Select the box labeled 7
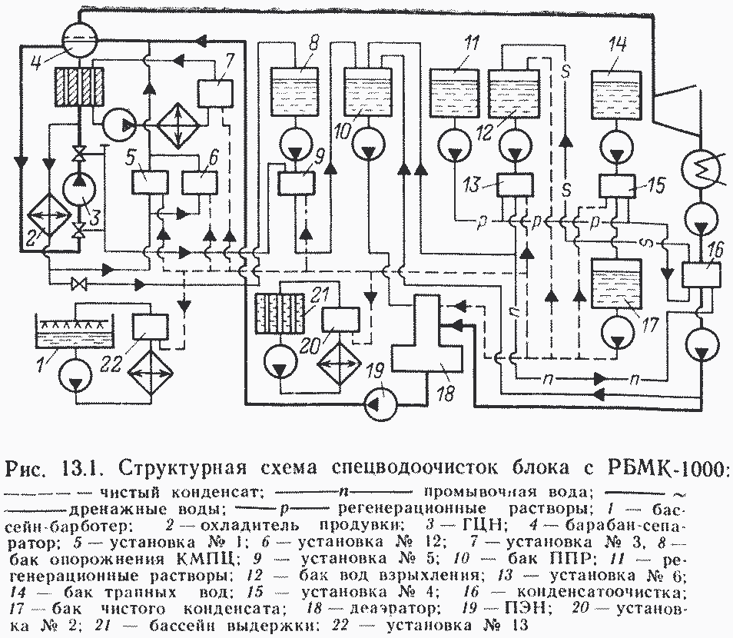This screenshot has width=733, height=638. coord(214,93)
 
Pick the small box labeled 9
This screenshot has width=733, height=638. coord(297,184)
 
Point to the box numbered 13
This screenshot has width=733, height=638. coord(514,185)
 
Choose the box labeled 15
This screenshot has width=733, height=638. coord(617,185)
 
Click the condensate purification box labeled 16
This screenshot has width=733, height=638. coord(700,274)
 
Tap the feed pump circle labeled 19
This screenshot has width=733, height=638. coord(380,404)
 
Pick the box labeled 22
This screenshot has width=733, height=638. coord(151,327)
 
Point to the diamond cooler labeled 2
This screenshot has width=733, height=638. coord(48,217)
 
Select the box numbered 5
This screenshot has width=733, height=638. coord(149,182)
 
